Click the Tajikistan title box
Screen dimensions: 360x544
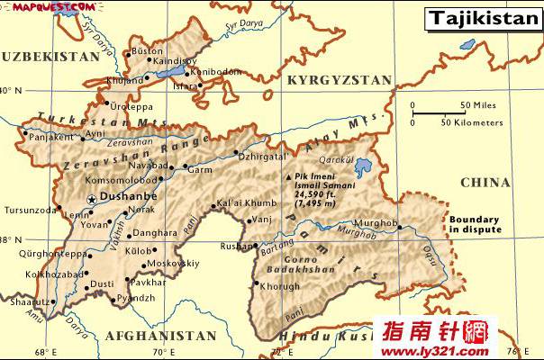(483, 17)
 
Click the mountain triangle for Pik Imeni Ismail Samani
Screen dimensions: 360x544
(288, 176)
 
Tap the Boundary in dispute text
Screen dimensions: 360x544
(476, 224)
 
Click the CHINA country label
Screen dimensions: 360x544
(485, 183)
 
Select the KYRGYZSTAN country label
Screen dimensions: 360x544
(339, 80)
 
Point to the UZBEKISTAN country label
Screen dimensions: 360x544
(50, 56)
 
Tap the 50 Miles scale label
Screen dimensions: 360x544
(478, 105)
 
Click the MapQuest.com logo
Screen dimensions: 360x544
(35, 7)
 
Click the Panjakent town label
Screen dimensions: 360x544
(49, 138)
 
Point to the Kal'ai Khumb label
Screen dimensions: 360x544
(246, 203)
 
